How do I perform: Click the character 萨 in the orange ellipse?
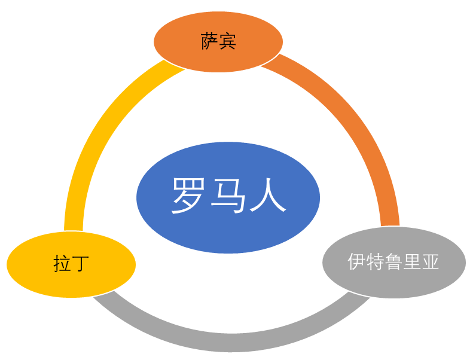209,42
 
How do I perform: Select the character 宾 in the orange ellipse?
227,42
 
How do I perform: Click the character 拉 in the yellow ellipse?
62,264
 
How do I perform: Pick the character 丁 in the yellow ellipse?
80,264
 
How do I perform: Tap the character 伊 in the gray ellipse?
357,262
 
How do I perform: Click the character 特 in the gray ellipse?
375,262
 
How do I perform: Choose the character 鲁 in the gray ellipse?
393,262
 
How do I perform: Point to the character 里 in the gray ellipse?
412,262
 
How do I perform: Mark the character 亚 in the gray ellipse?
430,262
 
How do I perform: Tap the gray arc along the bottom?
227,341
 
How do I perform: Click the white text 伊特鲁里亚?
393,262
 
